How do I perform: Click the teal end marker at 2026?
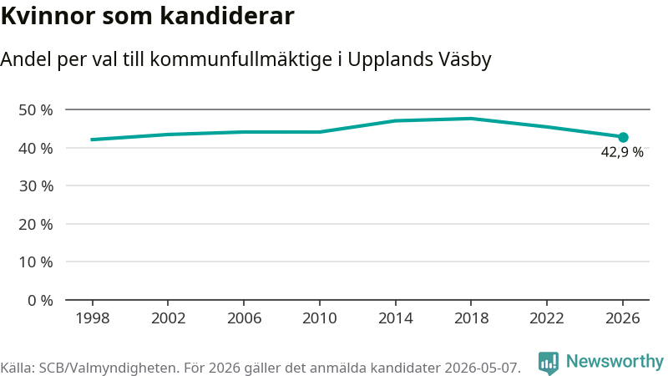click(623, 137)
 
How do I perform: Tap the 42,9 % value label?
click(622, 152)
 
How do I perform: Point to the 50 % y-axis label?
click(36, 110)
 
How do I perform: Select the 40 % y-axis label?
click(36, 149)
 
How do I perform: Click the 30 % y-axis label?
click(36, 185)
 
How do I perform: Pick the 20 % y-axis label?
click(36, 224)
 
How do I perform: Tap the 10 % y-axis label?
click(36, 262)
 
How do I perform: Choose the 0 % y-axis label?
click(40, 301)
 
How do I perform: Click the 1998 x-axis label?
click(93, 318)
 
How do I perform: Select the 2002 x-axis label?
click(169, 318)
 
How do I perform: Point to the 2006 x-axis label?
click(244, 318)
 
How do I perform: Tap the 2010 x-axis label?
click(320, 318)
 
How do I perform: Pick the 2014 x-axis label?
click(395, 318)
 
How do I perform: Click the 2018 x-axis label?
click(471, 318)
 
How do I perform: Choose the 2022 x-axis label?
click(547, 318)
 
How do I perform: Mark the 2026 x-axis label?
click(623, 318)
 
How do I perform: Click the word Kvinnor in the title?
click(48, 16)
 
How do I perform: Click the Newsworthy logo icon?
click(549, 363)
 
